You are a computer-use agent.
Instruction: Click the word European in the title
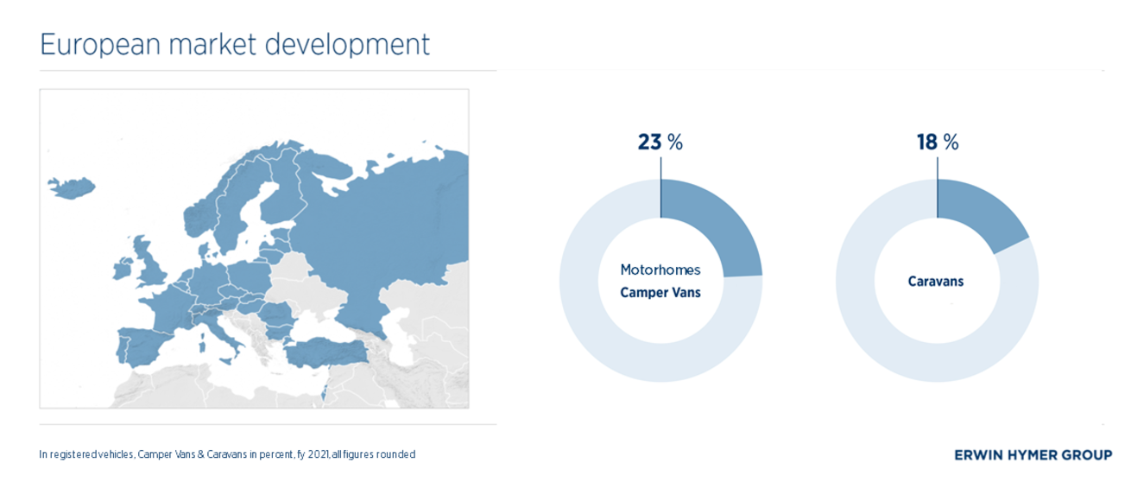(100, 44)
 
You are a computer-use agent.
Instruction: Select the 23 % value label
(660, 142)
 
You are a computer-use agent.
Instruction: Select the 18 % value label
(938, 142)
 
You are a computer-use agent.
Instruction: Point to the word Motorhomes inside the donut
(660, 270)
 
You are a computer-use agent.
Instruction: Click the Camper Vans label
(660, 293)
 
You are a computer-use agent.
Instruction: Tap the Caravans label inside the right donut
(936, 282)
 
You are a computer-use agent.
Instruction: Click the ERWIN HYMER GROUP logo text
(1033, 455)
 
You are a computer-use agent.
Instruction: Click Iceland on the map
(73, 187)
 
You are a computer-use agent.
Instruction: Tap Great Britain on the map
(149, 263)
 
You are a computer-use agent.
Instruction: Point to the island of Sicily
(225, 360)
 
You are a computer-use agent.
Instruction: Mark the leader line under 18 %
(938, 187)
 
